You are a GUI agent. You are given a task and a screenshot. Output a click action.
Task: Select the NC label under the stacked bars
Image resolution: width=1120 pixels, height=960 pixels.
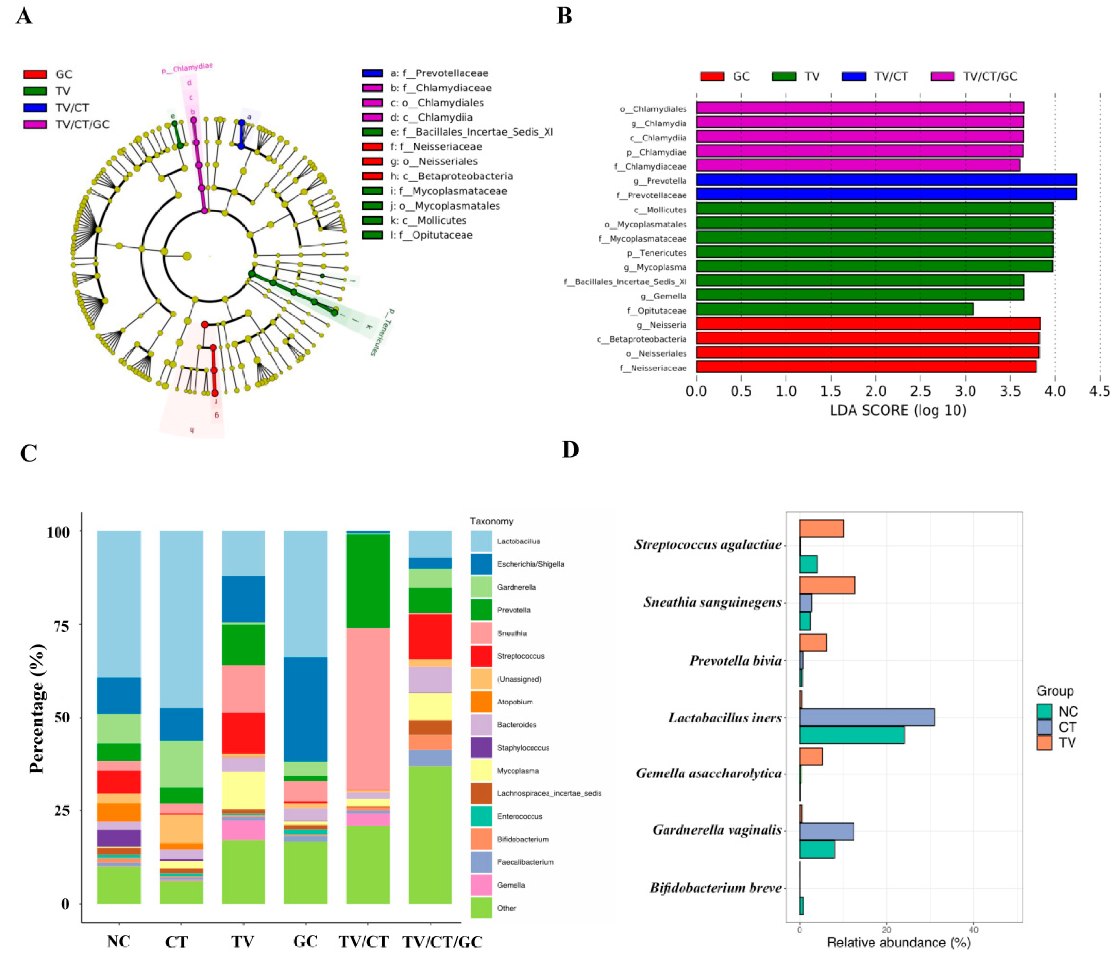tap(119, 941)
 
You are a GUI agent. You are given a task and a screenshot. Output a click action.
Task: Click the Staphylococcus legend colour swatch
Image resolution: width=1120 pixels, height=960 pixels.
tap(481, 748)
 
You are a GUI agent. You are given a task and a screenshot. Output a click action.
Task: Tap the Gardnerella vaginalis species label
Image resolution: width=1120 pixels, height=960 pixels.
tap(717, 830)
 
